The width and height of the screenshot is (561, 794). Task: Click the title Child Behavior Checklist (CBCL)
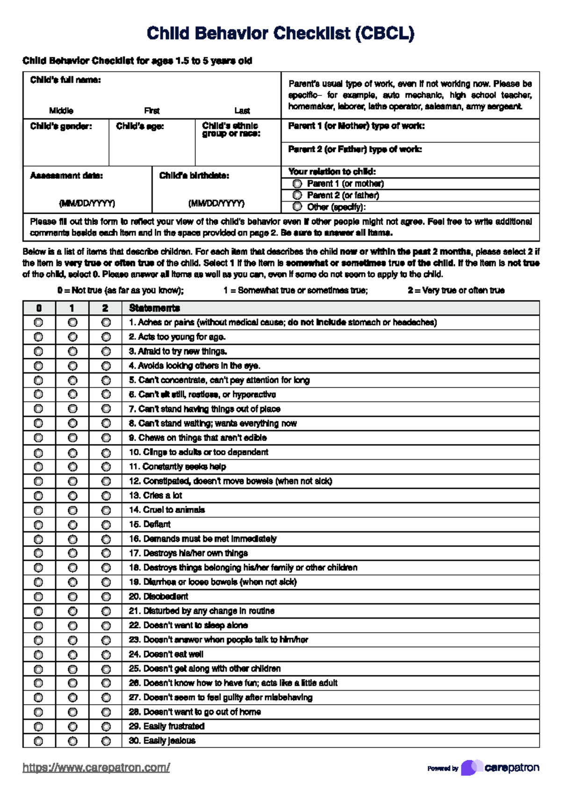(280, 34)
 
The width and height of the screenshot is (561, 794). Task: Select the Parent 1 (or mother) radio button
(297, 184)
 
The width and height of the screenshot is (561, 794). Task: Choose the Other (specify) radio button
(297, 207)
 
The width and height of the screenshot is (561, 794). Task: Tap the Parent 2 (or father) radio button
(297, 195)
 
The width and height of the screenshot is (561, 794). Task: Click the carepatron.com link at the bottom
(96, 767)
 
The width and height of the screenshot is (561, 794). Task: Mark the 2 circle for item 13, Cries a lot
(106, 496)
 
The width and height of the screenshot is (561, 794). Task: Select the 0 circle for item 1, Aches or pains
(38, 323)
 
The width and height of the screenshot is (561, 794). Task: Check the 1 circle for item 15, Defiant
(72, 525)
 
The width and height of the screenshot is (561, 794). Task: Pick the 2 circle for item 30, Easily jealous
(106, 741)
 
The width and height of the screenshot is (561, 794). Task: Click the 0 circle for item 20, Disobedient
(38, 597)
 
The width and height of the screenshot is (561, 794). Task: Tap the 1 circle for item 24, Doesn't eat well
(72, 654)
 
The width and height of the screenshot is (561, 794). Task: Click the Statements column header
(154, 308)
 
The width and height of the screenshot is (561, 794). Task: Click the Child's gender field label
(61, 126)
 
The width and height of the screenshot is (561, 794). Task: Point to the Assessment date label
(66, 176)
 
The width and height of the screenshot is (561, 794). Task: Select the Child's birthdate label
(194, 176)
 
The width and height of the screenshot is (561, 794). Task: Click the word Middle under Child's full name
(61, 111)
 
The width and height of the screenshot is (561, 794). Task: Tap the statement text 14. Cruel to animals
(167, 510)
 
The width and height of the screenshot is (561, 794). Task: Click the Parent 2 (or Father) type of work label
(355, 149)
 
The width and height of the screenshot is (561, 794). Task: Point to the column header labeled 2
(105, 308)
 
